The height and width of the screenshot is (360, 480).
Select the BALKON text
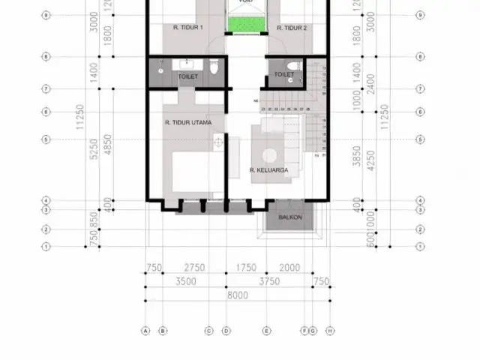pos(289,217)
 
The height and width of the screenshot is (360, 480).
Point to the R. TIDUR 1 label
pos(187,28)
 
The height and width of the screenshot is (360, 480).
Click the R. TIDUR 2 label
pos(292,28)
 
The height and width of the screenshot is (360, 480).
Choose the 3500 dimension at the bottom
pos(185,281)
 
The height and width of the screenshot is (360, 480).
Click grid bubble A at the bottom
pos(145,330)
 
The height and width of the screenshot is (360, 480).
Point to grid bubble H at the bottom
pos(330,330)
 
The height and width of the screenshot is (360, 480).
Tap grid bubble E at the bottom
pos(266,330)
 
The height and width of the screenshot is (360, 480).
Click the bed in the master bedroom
pos(196,172)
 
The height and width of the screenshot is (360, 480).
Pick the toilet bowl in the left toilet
pos(214,69)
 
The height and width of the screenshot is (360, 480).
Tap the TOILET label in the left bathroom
pos(187,76)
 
